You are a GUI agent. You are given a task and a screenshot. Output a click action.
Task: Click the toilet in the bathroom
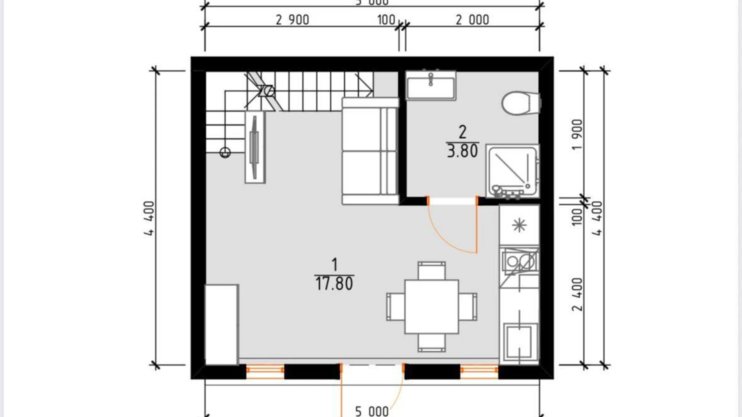pos(520,103)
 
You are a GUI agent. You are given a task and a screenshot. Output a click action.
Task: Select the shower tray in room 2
pos(512,171)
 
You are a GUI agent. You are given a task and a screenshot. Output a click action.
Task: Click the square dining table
pos(431,307)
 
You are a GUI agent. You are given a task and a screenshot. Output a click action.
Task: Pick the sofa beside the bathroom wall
pos(369,151)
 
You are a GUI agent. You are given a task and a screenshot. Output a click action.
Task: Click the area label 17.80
pos(334,283)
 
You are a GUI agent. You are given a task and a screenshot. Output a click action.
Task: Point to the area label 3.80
pos(462,151)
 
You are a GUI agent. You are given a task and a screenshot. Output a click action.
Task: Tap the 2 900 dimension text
pos(292,20)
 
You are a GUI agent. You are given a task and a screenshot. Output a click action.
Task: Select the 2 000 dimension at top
pos(472,20)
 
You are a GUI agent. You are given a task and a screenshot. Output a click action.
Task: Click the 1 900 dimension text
pos(577,135)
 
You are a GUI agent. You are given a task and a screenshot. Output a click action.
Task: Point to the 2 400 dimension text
pos(577,294)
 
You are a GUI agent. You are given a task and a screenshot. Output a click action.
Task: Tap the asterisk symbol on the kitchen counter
pos(519,225)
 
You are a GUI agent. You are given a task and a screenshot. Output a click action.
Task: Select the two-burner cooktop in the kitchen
pos(519,261)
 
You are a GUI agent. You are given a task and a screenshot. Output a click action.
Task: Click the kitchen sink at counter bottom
pos(519,342)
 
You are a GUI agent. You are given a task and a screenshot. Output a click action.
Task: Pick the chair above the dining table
pos(432,271)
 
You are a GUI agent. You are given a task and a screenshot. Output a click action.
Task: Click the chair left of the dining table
pos(395,307)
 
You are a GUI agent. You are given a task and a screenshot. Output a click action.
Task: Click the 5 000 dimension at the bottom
pos(372,411)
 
